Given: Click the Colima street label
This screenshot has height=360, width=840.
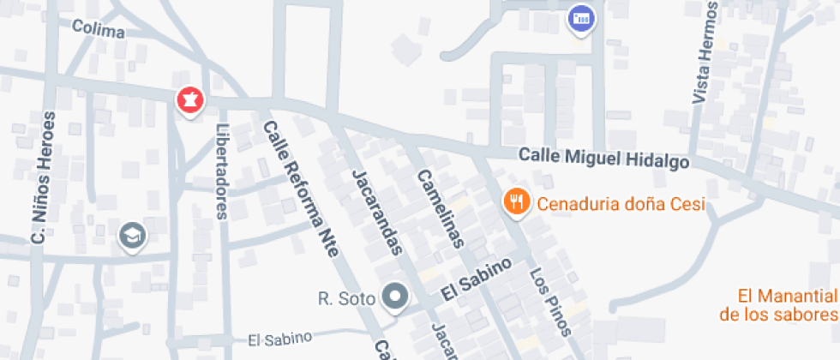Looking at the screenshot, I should coord(98,30).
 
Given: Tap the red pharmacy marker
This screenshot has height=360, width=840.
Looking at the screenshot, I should coord(189,100).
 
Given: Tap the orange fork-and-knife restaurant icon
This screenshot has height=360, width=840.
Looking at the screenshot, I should coord(514,202).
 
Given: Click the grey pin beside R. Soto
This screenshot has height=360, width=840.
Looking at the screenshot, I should coord(394,298).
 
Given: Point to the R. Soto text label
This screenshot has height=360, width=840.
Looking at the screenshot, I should coord(346,299).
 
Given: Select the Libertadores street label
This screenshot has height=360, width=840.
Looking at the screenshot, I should coord(222,171).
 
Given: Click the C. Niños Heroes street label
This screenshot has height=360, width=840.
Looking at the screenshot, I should coord(43,179).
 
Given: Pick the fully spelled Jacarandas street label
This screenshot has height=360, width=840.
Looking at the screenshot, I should coord(377,212).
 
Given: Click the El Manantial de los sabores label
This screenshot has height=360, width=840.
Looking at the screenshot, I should coord(778,305).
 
